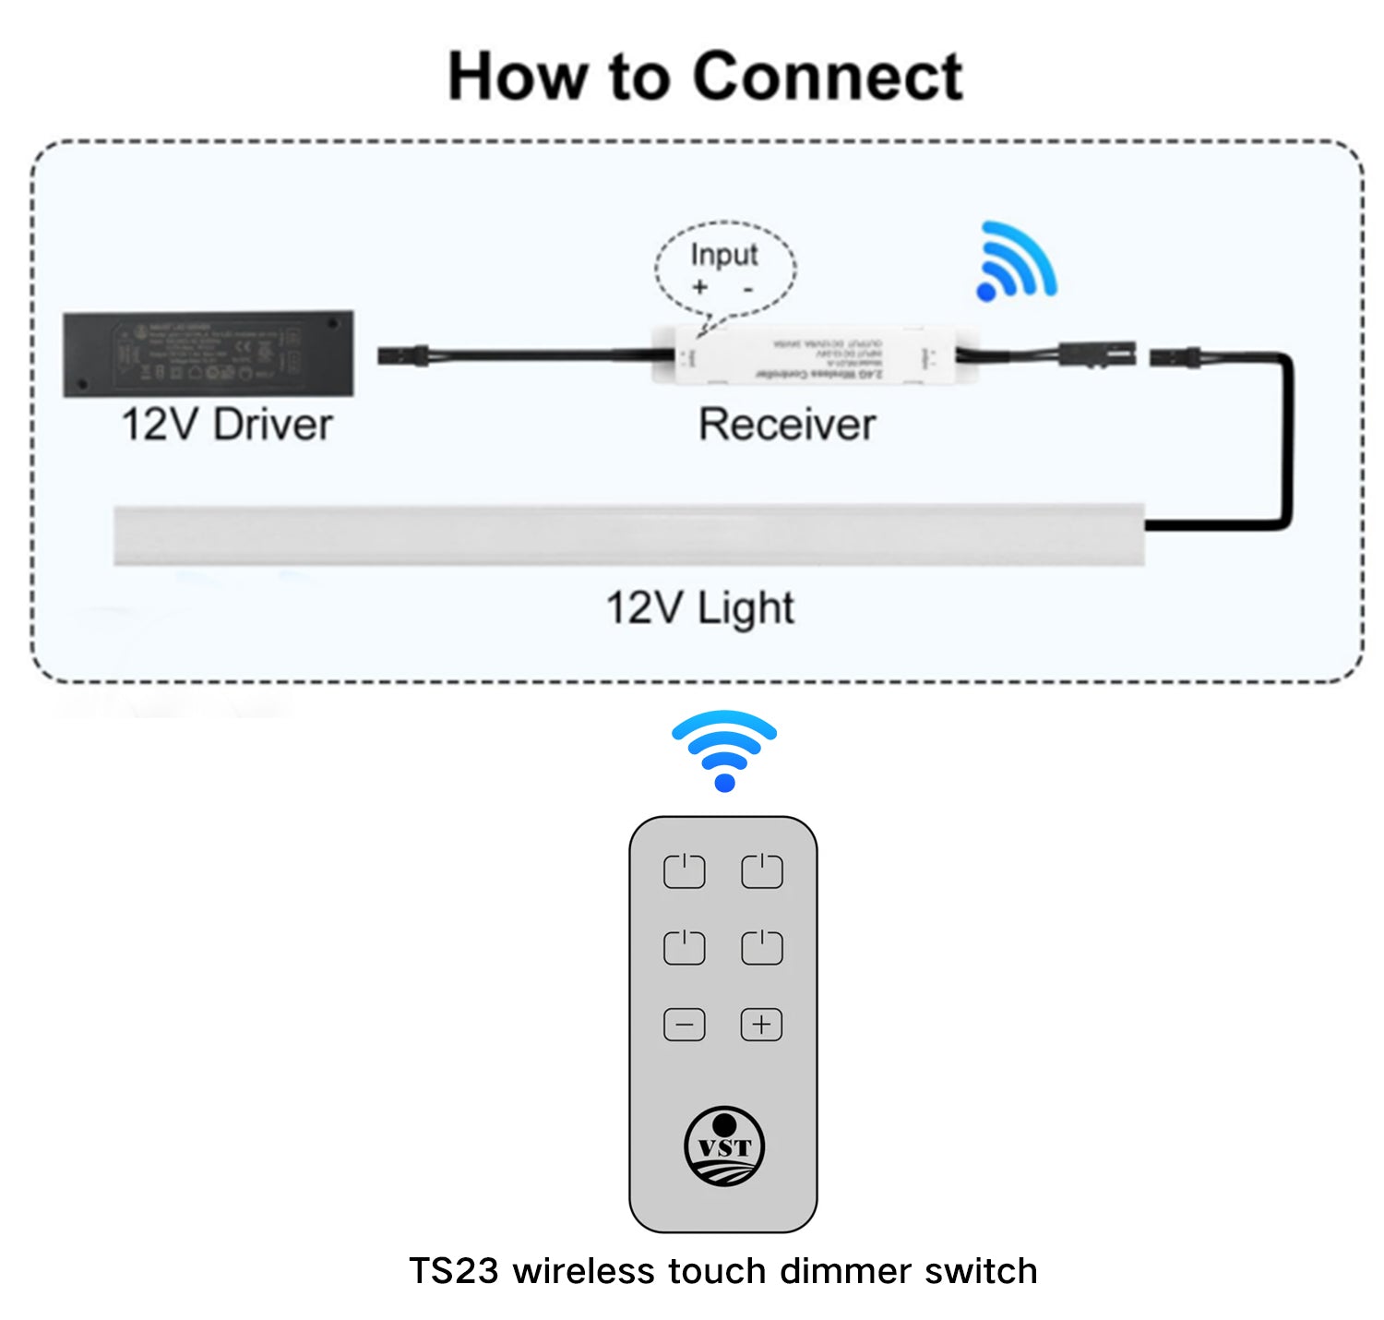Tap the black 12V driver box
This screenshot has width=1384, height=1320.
tap(208, 354)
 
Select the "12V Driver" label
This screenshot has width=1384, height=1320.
tap(226, 425)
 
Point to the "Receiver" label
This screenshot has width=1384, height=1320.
tap(786, 425)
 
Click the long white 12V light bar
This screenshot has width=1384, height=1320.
tap(627, 534)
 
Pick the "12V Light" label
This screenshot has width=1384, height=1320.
tap(699, 608)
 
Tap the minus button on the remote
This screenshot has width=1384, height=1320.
tap(685, 1025)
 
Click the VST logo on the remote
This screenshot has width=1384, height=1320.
tap(724, 1146)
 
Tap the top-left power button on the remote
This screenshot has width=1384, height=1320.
tap(685, 871)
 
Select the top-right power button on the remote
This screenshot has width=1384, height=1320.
tap(762, 871)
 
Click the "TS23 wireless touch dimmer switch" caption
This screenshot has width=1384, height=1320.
tap(723, 1271)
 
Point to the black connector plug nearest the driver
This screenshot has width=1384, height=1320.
tap(403, 354)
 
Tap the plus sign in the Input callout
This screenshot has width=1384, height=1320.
tap(699, 287)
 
